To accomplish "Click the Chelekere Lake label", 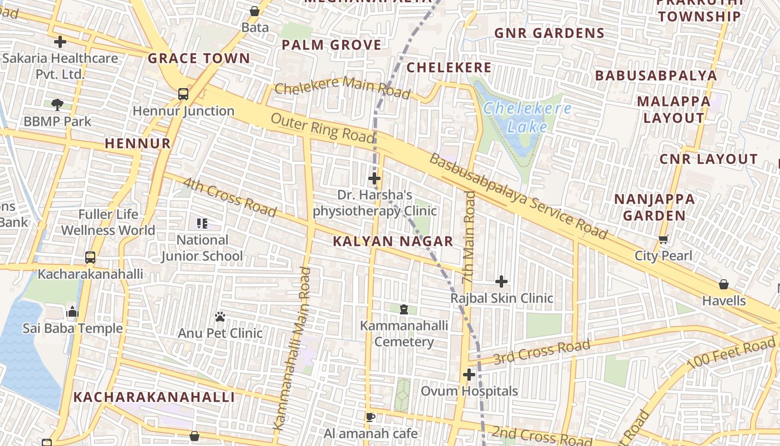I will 527,117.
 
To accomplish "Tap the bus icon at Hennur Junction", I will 183,94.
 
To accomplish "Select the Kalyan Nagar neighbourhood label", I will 393,241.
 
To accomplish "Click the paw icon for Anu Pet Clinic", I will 220,317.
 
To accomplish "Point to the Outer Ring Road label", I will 323,128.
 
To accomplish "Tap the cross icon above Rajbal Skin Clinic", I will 501,282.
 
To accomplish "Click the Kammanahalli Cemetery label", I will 404,333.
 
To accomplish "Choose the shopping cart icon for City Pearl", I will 663,240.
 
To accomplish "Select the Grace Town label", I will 199,58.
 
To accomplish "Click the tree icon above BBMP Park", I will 57,104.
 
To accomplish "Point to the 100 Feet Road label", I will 731,353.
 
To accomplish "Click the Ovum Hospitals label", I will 469,391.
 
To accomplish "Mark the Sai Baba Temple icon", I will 72,312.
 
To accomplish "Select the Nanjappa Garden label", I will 654,207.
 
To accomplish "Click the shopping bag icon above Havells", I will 723,284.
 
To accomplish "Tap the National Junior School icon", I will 202,224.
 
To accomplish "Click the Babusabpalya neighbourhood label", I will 656,75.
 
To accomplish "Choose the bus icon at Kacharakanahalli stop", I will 90,258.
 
